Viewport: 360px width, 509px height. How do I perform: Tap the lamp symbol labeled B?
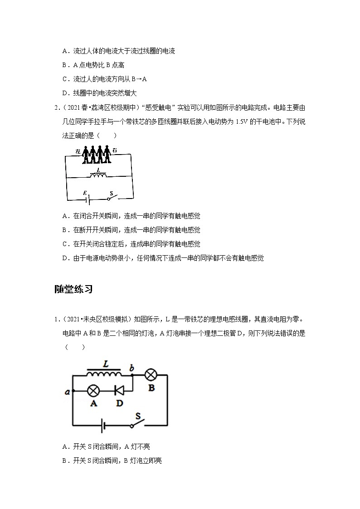151,375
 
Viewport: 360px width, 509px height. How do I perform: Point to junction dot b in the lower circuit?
131,375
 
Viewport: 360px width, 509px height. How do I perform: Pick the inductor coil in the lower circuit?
104,374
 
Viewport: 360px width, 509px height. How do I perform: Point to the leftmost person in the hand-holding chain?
85,154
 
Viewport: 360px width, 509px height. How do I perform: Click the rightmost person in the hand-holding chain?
108,154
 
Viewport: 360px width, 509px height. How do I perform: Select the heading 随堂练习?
73,289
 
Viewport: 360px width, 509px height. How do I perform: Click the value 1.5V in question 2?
240,121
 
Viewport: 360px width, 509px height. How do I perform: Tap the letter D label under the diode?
119,403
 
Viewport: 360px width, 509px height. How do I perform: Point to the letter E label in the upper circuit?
84,193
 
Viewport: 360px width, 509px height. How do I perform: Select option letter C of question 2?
65,244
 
